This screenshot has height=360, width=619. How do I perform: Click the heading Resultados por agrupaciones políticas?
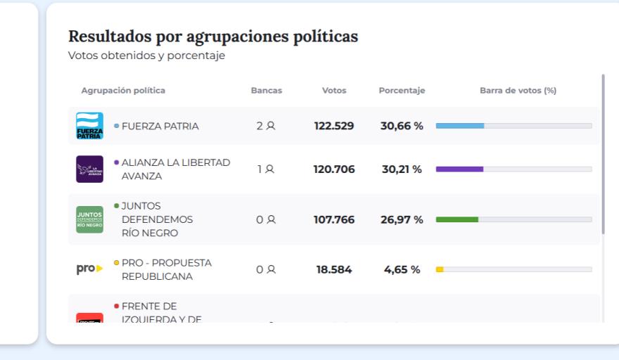coord(213,37)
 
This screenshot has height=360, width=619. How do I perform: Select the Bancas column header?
coord(267,91)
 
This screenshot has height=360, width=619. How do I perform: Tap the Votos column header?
coord(333,91)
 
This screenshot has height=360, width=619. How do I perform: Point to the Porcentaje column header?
coord(402,91)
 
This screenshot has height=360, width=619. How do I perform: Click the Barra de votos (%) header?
coord(518,91)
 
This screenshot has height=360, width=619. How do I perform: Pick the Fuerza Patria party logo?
coord(89,127)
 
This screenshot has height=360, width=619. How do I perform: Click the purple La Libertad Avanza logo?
coord(89,169)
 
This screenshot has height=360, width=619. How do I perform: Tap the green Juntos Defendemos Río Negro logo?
coord(89,219)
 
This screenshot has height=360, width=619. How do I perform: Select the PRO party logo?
coord(89,269)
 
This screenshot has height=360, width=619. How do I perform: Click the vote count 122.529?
coord(334,127)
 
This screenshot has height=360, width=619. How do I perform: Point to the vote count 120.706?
coord(334,169)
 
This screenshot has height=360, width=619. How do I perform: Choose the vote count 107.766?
coord(334,219)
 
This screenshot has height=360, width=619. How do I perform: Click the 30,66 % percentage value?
coord(402,127)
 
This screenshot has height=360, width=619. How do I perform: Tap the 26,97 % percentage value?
coord(402,219)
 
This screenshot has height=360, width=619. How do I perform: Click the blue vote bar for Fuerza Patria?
coord(460,126)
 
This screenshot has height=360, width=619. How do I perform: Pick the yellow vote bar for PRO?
coord(440,269)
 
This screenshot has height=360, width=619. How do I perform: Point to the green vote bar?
coord(457,219)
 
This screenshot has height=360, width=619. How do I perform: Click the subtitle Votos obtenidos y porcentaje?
coord(146,56)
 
